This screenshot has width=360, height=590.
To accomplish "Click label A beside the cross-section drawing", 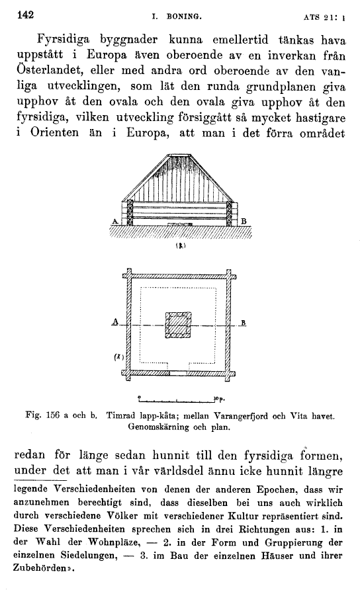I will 116,221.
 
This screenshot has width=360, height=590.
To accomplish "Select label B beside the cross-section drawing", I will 243,221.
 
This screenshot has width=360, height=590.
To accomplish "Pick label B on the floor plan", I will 244,323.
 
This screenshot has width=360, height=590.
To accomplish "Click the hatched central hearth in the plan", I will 178,325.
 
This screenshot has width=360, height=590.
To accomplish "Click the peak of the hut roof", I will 179,155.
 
